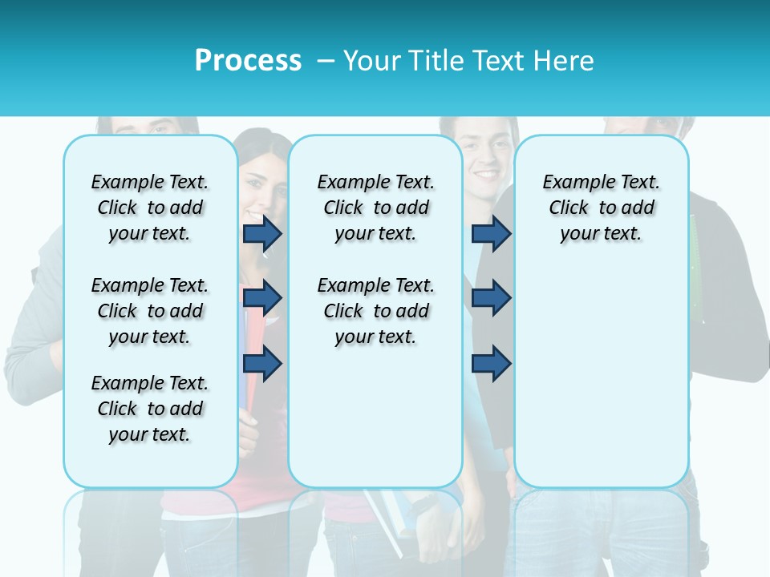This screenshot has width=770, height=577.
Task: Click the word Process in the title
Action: click(x=248, y=61)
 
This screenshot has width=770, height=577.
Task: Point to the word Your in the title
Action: click(x=372, y=61)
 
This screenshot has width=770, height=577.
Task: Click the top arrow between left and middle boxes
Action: click(x=262, y=233)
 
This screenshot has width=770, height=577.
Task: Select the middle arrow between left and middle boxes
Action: click(x=262, y=298)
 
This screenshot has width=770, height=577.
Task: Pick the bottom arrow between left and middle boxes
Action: click(x=262, y=363)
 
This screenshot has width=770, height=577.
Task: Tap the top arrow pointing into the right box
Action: click(x=491, y=233)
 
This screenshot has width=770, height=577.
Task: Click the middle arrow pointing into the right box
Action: click(x=491, y=298)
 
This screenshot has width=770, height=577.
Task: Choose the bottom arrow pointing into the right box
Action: click(x=491, y=363)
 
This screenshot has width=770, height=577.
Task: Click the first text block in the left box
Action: click(x=150, y=208)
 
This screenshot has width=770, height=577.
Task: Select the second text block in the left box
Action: click(x=150, y=311)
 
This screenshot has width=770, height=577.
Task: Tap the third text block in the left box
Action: click(x=150, y=409)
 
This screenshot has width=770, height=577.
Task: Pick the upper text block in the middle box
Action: click(x=375, y=208)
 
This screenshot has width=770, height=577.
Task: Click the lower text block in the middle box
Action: click(x=375, y=311)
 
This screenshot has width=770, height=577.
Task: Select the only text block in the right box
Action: click(x=601, y=208)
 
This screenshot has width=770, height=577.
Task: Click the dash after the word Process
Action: click(x=326, y=61)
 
